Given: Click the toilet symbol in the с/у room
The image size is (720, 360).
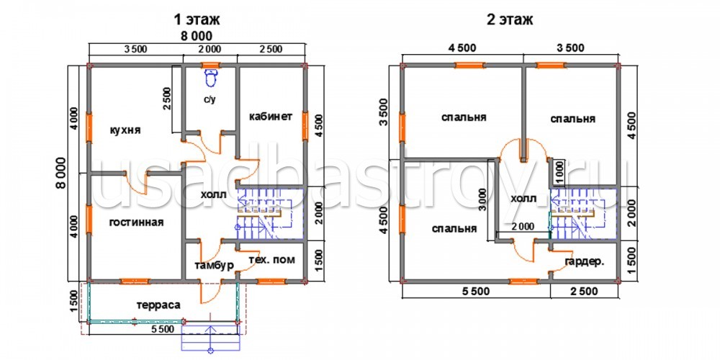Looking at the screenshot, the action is (x=211, y=78).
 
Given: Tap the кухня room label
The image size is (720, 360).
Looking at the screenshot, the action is (x=125, y=130).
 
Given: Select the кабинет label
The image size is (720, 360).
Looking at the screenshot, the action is (x=271, y=116).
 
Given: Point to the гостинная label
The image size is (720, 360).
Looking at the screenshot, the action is (x=136, y=222).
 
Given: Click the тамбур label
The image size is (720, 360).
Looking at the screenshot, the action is (x=214, y=266).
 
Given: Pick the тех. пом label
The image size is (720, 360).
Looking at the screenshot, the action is (x=271, y=260).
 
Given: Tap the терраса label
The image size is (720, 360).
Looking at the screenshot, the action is (x=158, y=305).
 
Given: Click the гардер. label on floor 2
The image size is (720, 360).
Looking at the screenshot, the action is (x=585, y=262).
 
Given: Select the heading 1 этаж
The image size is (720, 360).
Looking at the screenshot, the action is (x=197, y=19).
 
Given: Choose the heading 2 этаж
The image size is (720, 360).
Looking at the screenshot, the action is (x=509, y=19).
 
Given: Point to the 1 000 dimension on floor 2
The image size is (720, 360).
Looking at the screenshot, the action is (x=559, y=173).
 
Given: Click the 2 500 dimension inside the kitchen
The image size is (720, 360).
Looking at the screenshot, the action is (x=168, y=99).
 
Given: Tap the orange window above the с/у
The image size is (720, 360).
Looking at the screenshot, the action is (x=211, y=65).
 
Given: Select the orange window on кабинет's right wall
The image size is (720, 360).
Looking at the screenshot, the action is (x=305, y=125).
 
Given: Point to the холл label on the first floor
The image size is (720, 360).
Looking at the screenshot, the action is (x=214, y=194).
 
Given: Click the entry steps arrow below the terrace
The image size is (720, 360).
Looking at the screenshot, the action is (x=211, y=337).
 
